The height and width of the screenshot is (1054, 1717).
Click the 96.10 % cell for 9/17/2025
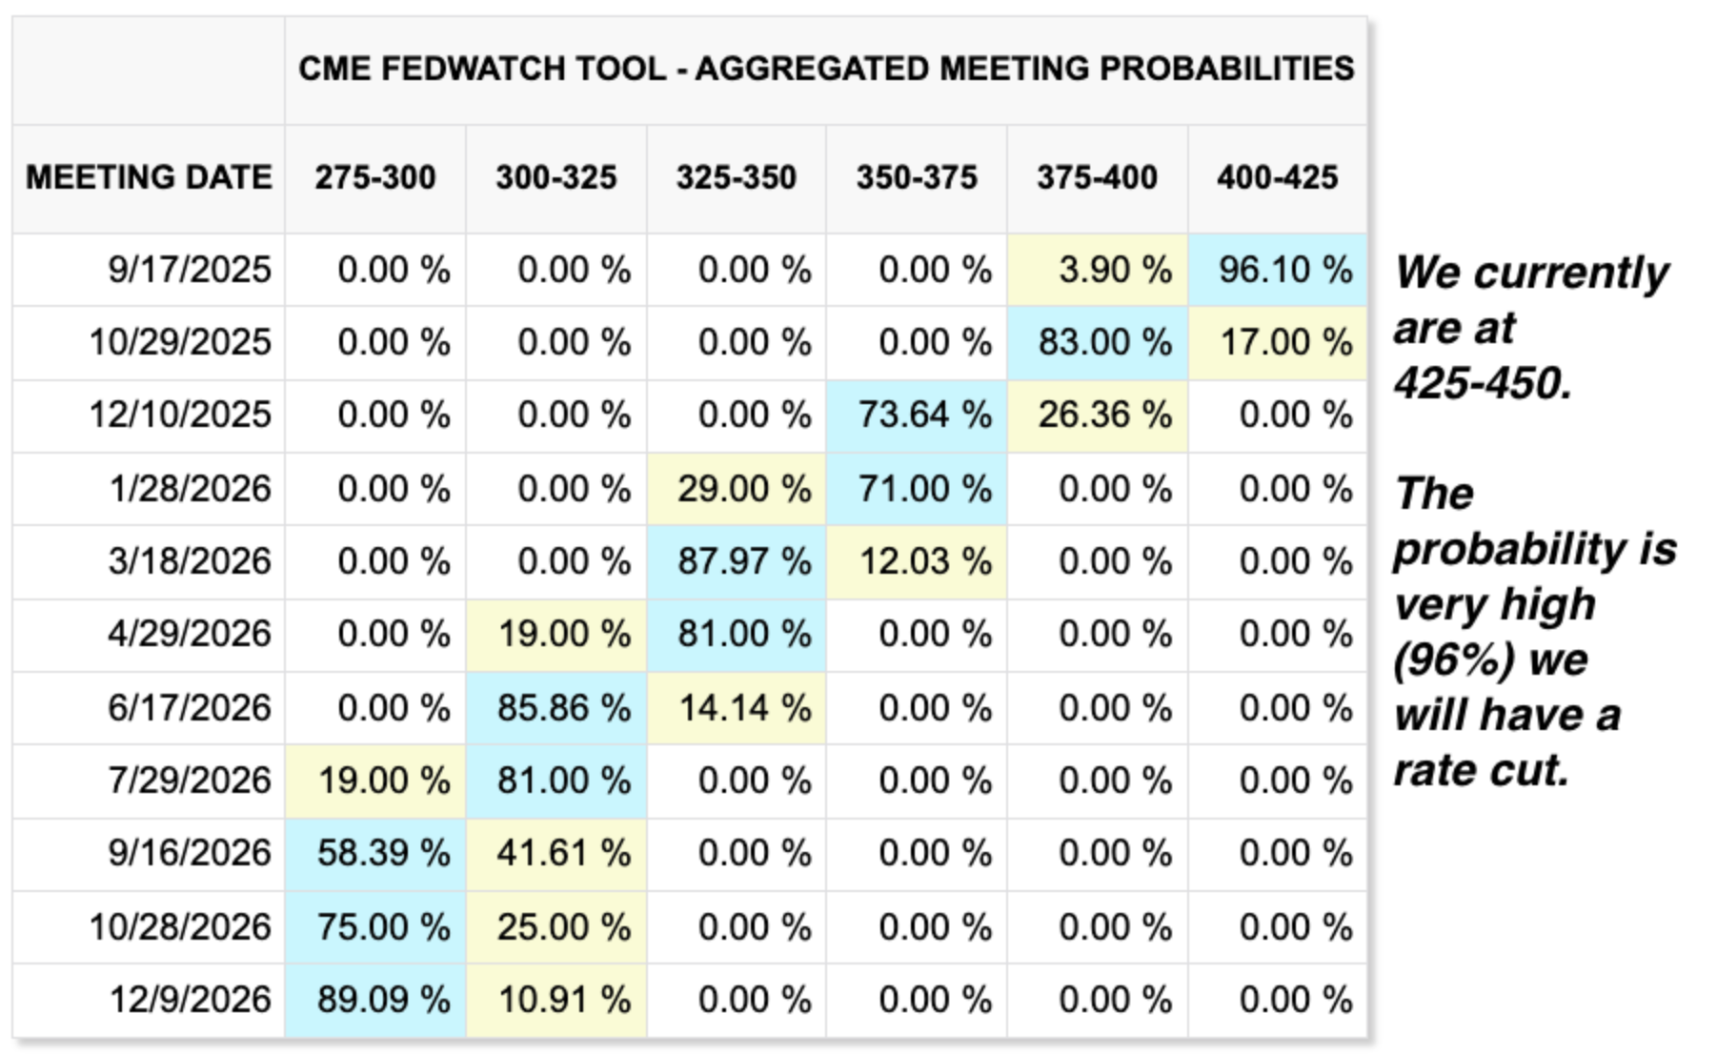pos(1284,270)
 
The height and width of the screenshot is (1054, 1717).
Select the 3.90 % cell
pos(1114,270)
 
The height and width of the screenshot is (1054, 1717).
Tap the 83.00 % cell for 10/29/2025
pos(1104,342)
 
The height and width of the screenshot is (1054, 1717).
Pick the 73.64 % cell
pos(924,416)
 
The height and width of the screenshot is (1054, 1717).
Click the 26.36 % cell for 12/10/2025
pos(1104,416)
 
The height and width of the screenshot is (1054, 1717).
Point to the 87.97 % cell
pos(744,561)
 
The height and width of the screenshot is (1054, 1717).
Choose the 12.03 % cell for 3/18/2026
pos(924,561)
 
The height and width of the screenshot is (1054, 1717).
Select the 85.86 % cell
pos(563,708)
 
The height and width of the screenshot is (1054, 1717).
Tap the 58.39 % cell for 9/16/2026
pos(383,853)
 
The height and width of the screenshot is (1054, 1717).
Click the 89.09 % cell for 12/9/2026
pos(383,1000)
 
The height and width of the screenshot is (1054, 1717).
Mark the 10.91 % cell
pos(563,1000)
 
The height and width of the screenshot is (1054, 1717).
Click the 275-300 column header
pos(375,177)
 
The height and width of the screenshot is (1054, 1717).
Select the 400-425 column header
pos(1277,177)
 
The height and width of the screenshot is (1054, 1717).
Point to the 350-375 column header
pos(917,177)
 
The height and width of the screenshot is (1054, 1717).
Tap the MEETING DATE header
pos(149,177)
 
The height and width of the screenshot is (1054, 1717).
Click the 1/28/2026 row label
pos(191,489)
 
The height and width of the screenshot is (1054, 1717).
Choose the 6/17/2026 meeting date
pos(190,708)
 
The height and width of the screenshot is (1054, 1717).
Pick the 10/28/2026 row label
pos(180,926)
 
